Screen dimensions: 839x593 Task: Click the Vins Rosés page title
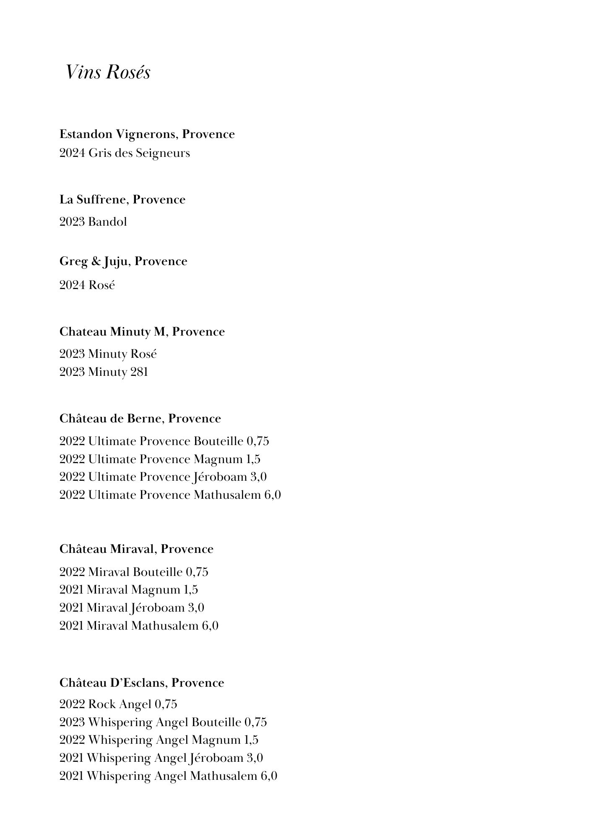pyautogui.click(x=108, y=72)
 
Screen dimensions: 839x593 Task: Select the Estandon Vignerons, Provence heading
pyautogui.click(x=147, y=134)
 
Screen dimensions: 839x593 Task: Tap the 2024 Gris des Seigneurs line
pyautogui.click(x=125, y=153)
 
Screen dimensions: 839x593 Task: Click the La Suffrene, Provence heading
pyautogui.click(x=122, y=200)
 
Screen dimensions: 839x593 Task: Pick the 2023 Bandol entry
pyautogui.click(x=93, y=222)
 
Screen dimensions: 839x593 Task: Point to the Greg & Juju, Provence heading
pyautogui.click(x=123, y=261)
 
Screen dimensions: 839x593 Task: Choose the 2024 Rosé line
pyautogui.click(x=87, y=285)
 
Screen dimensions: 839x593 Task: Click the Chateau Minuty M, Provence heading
pyautogui.click(x=142, y=332)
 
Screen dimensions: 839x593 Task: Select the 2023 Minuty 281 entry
pyautogui.click(x=104, y=372)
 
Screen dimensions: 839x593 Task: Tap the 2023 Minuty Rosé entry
pyautogui.click(x=108, y=354)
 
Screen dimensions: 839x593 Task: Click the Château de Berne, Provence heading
pyautogui.click(x=140, y=419)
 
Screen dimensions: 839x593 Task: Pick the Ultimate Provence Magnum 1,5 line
pyautogui.click(x=160, y=459)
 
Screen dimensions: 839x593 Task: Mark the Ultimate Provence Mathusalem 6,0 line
pyautogui.click(x=170, y=495)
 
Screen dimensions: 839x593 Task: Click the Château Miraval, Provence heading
pyautogui.click(x=136, y=549)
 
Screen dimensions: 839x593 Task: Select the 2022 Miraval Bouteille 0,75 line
pyautogui.click(x=134, y=572)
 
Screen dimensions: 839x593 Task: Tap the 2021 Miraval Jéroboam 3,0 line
pyautogui.click(x=132, y=608)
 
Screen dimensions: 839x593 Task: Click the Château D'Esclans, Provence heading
pyautogui.click(x=142, y=683)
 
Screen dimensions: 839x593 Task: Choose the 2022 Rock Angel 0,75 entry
pyautogui.click(x=118, y=704)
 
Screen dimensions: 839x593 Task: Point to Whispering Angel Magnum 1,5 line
pyautogui.click(x=159, y=740)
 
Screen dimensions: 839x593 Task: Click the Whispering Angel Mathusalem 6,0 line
pyautogui.click(x=168, y=776)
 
